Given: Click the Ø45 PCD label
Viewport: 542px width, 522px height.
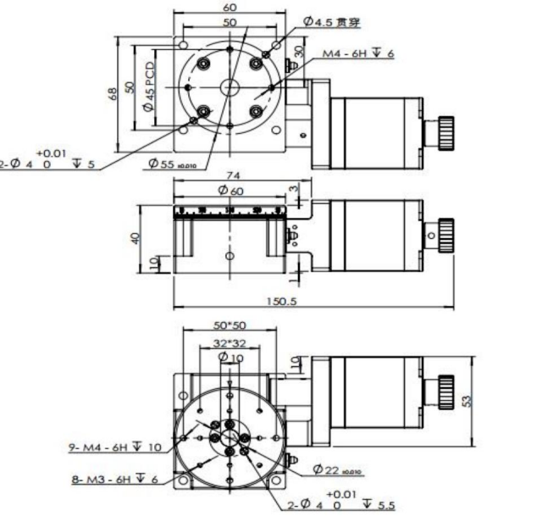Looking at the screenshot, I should coord(149,86).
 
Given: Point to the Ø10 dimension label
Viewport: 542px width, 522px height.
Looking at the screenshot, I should coord(230,358).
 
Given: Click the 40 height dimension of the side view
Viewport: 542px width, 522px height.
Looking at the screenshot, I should coord(136,238).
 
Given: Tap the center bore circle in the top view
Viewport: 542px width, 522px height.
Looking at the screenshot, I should coord(230,86).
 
